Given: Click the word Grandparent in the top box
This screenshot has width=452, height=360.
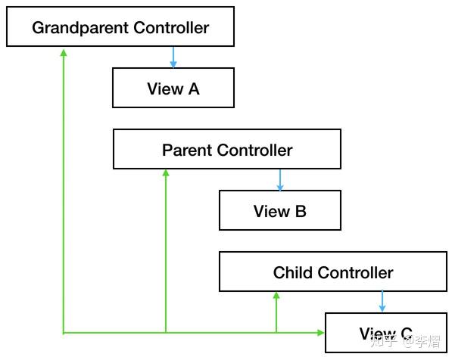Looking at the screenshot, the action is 80,28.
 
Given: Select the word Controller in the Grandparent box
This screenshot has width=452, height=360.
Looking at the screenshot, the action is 171,28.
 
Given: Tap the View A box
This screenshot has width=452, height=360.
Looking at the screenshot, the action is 173,88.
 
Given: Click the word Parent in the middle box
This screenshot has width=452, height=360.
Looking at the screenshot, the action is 187,150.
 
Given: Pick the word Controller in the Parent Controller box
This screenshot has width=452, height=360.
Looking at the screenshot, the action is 255,150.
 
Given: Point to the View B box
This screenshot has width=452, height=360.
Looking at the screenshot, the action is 280,210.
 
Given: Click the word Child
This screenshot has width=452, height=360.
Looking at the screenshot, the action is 292,272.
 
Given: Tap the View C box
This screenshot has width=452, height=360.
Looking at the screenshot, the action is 386,333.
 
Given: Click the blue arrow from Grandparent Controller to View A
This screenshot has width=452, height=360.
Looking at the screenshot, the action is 173,57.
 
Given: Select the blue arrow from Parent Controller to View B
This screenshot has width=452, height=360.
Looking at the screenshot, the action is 280,180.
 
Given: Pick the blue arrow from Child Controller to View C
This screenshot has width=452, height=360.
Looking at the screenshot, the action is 382,301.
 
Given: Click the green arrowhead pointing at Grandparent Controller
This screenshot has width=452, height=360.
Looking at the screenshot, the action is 64,53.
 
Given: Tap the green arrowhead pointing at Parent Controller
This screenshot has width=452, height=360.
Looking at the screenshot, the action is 166,172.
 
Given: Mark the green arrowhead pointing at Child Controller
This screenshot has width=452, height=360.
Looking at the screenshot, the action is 276,295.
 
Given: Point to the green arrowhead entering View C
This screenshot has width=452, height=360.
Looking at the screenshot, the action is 320,333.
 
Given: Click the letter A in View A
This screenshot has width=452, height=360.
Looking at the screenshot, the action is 194,88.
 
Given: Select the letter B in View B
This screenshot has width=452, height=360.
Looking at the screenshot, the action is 301,211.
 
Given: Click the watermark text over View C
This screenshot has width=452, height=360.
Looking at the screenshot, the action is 406,341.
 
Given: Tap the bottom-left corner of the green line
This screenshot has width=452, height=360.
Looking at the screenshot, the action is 64,333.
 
